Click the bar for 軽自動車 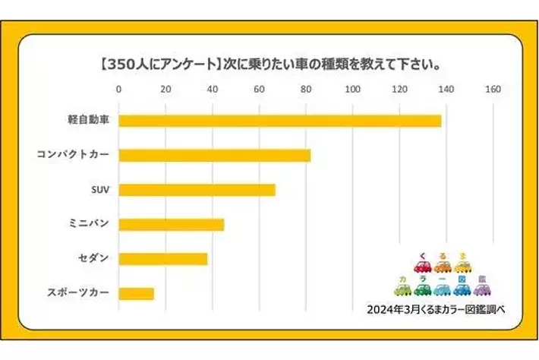point(279,121)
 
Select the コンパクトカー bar point(215,156)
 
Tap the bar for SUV point(197,190)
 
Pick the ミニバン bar point(172,224)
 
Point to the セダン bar point(163,259)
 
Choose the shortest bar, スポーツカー point(137,293)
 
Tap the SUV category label point(99,190)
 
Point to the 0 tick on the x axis point(119,90)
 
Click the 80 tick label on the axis point(306,90)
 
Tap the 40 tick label point(213,90)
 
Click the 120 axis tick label point(399,90)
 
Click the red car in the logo point(422,267)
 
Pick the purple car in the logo point(481,289)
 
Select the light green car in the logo point(402,289)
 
